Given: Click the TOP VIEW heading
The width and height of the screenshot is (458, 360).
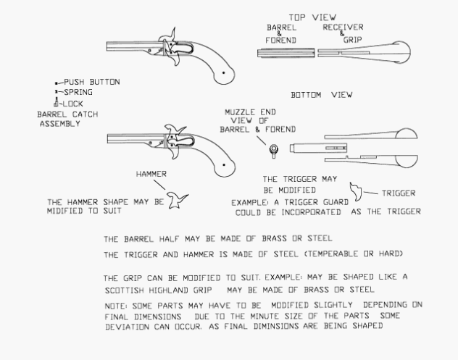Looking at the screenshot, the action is [x=312, y=17].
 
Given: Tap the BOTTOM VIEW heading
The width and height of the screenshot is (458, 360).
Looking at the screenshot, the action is [x=322, y=95].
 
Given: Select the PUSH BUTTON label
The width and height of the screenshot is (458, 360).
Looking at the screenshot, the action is [x=92, y=82].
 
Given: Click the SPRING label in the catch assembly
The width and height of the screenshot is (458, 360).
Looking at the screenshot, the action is [x=78, y=92].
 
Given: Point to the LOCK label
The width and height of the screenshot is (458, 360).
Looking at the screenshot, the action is [x=72, y=104].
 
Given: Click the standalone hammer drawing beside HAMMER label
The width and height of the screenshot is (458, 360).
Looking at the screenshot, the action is [x=177, y=201].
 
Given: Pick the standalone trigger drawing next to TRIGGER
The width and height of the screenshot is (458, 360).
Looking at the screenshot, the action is [x=356, y=192].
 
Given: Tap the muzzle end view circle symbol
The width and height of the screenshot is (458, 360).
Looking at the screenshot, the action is [x=274, y=149].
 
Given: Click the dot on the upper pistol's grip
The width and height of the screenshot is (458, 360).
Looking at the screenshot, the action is [x=224, y=72].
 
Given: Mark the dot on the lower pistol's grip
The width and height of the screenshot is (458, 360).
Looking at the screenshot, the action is [x=224, y=165].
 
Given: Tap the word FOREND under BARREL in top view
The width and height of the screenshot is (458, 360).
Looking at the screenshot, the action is [x=280, y=41].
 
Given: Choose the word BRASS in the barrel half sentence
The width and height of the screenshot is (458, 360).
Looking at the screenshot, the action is [x=274, y=239].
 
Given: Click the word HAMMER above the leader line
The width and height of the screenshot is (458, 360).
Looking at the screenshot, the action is [x=151, y=174].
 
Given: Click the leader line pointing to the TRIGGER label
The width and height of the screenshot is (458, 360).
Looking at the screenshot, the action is [x=370, y=193].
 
